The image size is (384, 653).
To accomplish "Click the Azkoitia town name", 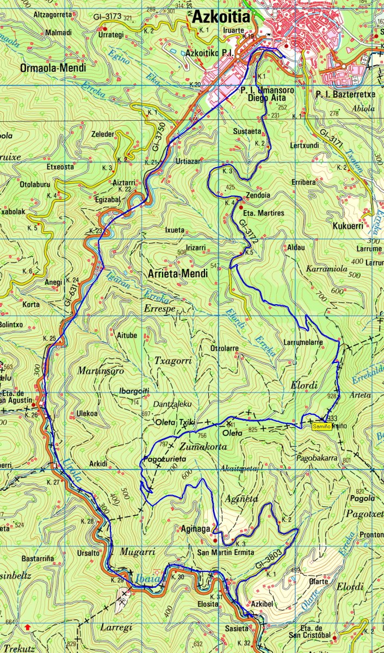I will [220, 18].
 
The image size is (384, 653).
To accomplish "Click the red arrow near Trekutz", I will [27, 627].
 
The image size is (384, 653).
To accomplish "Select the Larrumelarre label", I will [304, 342].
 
